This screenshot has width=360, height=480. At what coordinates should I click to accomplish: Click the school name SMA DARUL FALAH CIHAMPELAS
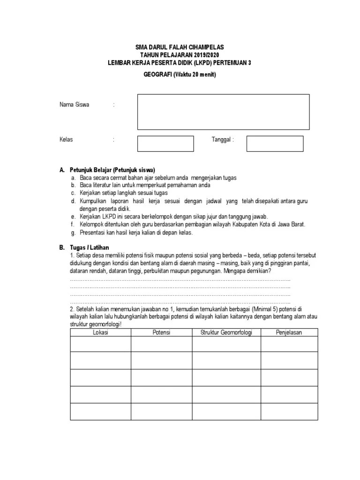click(x=180, y=47)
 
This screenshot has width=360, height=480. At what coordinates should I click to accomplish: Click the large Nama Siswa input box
click(x=223, y=112)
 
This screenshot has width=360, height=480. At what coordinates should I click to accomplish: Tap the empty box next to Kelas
click(x=165, y=143)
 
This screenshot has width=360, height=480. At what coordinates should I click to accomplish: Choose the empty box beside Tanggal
click(x=275, y=143)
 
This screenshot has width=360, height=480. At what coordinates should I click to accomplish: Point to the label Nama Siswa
click(x=74, y=105)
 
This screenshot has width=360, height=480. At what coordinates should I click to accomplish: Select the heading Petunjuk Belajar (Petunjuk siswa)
click(x=112, y=170)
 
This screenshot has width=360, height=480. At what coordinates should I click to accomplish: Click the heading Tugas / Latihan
click(x=90, y=247)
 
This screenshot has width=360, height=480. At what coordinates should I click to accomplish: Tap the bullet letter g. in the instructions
click(x=73, y=232)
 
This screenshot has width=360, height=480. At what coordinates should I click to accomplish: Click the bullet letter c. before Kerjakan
click(x=73, y=193)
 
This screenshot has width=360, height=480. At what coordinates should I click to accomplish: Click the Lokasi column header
click(x=100, y=332)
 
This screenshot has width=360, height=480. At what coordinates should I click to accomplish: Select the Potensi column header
click(x=161, y=332)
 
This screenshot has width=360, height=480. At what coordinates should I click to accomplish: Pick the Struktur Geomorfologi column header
click(x=226, y=332)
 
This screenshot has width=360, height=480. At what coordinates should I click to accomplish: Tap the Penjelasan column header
click(x=289, y=332)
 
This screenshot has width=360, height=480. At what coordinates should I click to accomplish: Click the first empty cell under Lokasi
click(x=100, y=344)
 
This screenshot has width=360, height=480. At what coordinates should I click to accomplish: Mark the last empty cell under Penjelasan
click(x=289, y=412)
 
